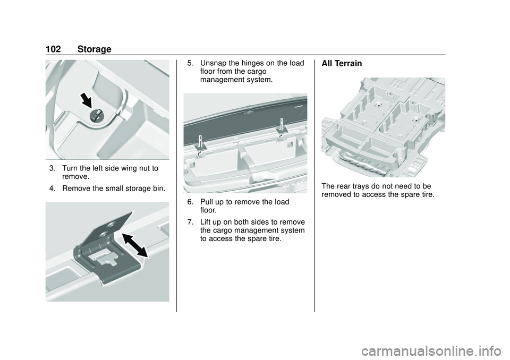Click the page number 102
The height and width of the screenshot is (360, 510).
pyautogui.click(x=53, y=49)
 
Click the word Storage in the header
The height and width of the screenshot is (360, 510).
pyautogui.click(x=94, y=49)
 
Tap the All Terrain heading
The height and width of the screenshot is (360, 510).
pyautogui.click(x=342, y=63)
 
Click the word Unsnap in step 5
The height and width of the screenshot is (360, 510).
pyautogui.click(x=214, y=63)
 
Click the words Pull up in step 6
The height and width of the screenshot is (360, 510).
pyautogui.click(x=216, y=202)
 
